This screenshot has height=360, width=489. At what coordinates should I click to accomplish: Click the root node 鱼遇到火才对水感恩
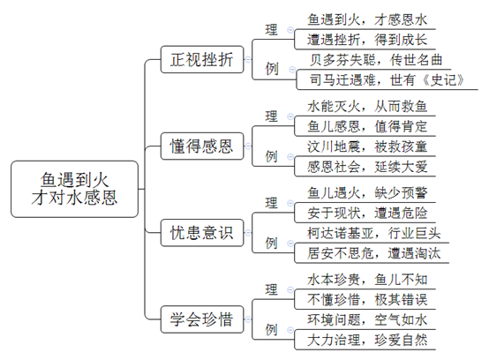point(74,189)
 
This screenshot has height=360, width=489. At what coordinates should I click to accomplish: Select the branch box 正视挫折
point(202,59)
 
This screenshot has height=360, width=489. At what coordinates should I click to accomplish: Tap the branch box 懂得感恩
point(202,146)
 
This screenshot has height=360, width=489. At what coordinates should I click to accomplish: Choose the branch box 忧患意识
point(202,233)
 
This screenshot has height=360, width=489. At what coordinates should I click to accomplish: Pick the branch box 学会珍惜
point(202,319)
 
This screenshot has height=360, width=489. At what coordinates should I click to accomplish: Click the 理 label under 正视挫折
point(271,30)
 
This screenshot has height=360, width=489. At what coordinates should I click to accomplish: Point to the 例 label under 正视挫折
point(272,69)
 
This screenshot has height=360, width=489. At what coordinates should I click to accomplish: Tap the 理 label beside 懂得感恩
point(271,116)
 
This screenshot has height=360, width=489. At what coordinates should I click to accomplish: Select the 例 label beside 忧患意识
point(271,243)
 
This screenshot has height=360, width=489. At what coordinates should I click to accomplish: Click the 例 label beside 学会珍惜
point(271,329)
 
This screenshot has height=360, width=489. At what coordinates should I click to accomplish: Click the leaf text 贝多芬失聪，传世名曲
point(376,60)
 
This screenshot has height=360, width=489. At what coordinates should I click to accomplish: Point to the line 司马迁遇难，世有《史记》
point(387,80)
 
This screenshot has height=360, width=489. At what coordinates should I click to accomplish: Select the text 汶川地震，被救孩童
point(367,146)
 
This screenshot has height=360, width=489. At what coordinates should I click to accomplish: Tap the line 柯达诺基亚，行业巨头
point(373,233)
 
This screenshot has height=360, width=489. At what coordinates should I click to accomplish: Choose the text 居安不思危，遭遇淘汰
point(373,253)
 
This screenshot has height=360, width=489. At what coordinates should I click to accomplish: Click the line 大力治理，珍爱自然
point(367,340)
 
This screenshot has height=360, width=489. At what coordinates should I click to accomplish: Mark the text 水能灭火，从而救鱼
point(367,107)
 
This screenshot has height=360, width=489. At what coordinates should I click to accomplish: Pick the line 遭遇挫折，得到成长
point(367,40)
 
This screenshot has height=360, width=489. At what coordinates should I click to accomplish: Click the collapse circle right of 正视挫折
point(248,59)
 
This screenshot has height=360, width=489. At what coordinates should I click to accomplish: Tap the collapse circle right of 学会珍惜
point(248,319)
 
